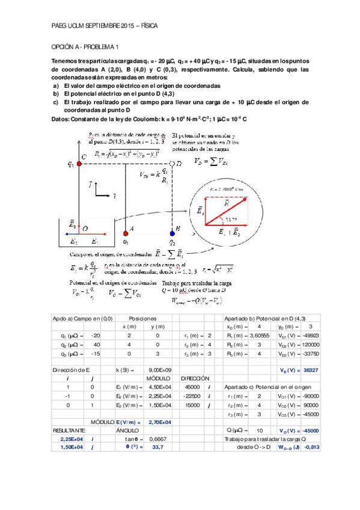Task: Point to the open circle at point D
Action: point(172,163)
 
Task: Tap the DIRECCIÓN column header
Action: point(193,379)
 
